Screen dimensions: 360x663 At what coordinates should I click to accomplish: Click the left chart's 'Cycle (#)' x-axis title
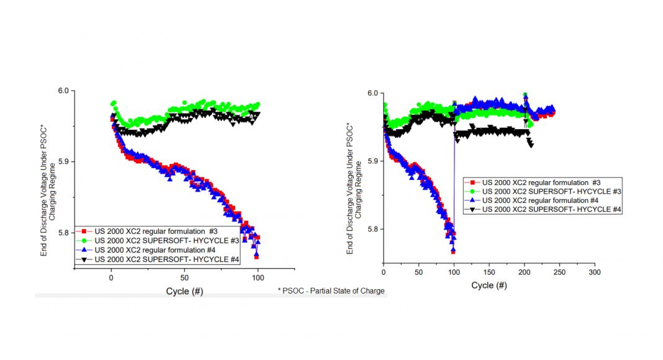pos(184,290)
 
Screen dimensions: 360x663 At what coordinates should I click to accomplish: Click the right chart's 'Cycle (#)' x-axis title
pos(489,285)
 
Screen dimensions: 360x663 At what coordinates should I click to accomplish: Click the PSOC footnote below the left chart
pos(331,290)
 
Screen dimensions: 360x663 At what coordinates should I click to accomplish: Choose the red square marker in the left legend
pos(82,231)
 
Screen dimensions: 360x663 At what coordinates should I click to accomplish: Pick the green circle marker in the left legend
pos(82,240)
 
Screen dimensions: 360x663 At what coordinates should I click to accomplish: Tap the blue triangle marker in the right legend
pos(472,200)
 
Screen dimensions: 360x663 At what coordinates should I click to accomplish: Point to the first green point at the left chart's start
pos(114,104)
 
